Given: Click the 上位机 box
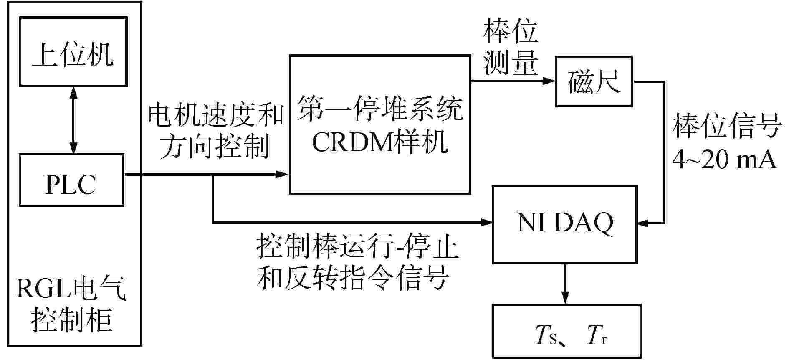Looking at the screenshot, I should tap(73, 52).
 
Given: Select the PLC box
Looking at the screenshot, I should tap(71, 180).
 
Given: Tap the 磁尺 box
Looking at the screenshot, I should tap(593, 81).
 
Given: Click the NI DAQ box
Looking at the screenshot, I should tap(565, 224).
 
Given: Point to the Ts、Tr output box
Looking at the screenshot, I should tap(566, 331).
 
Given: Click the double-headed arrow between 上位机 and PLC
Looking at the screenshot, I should tap(73, 120).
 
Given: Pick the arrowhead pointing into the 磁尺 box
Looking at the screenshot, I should tap(549, 81).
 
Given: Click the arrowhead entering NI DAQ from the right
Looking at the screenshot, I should tap(643, 223).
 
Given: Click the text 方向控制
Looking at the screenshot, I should tap(214, 147).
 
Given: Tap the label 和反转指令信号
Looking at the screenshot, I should tap(353, 277).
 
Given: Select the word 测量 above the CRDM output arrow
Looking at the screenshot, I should tap(510, 63).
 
